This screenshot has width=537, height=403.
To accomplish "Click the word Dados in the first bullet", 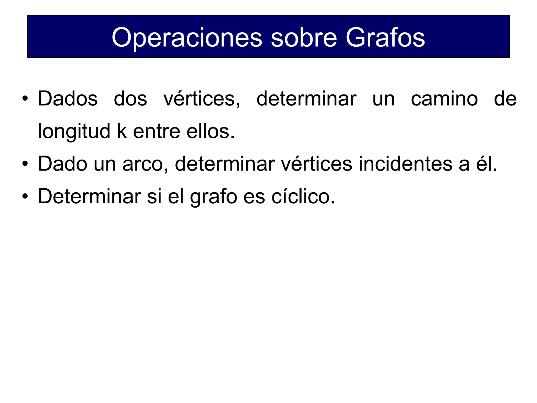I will coord(68,99).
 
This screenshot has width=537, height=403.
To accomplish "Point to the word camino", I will coord(444,99).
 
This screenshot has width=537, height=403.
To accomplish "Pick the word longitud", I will coord(74,131).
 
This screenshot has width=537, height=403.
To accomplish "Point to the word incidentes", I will coord(405,164).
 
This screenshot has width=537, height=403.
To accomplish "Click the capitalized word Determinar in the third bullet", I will coord(90,197).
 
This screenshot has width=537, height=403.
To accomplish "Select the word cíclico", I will coord(303,197).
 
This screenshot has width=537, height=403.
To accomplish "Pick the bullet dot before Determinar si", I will coord(25,197).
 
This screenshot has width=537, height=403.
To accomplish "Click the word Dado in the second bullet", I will coord(62,164).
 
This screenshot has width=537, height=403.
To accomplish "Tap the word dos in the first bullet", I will coord(130,99).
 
